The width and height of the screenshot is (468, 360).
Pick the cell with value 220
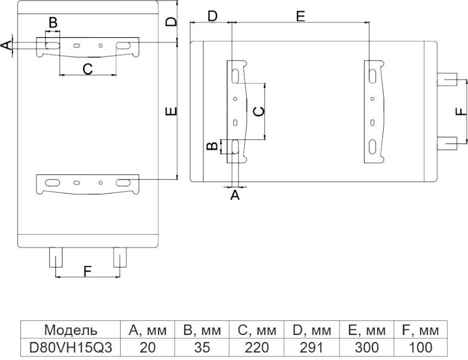(256, 347)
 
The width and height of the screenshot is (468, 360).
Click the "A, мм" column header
(148, 330)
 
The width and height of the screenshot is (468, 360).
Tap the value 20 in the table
(148, 347)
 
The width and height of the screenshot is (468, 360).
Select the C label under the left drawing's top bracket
(87, 69)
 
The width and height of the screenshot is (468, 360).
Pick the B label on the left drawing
(53, 22)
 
